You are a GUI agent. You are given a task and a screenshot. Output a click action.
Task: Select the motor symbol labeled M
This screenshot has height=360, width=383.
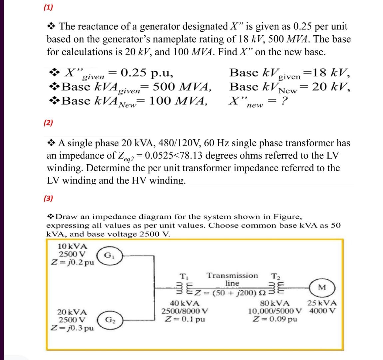(320, 287)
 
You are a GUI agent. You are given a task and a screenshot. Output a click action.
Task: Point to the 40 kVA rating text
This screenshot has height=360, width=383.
(185, 304)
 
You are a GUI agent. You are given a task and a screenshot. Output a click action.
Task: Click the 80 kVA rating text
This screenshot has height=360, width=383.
(275, 304)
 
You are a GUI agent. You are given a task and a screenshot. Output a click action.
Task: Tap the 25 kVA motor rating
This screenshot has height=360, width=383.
(322, 304)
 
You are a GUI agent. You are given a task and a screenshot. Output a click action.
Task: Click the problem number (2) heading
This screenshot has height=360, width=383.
(48, 123)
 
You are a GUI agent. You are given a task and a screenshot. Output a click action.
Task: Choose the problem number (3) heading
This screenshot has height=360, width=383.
(48, 199)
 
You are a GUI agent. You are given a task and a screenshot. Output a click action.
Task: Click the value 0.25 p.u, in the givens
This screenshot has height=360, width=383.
(147, 72)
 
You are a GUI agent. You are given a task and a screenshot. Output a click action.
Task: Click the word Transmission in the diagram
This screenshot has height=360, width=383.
(232, 276)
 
